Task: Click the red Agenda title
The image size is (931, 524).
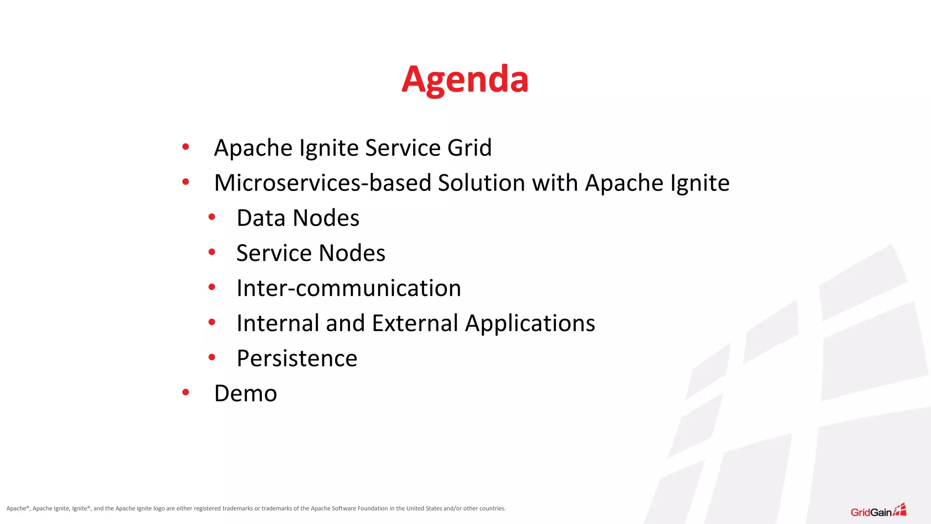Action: [x=465, y=80]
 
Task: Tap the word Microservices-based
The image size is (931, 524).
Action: [x=322, y=183]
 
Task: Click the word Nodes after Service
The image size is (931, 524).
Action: [x=352, y=253]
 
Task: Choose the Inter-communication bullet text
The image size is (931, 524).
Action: [x=349, y=288]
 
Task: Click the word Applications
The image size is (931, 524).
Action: [x=530, y=323]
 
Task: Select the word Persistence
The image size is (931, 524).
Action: [x=297, y=358]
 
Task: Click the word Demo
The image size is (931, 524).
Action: [x=245, y=393]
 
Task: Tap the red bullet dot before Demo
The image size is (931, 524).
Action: [x=185, y=392]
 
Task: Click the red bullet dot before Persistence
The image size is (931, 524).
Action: [x=212, y=357]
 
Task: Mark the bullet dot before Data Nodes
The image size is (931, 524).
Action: [x=212, y=217]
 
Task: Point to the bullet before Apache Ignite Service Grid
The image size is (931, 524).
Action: [x=185, y=146]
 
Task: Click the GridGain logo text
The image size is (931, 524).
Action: [x=871, y=513]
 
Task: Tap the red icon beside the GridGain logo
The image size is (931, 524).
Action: [x=900, y=510]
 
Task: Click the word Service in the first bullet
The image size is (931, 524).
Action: [x=403, y=148]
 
